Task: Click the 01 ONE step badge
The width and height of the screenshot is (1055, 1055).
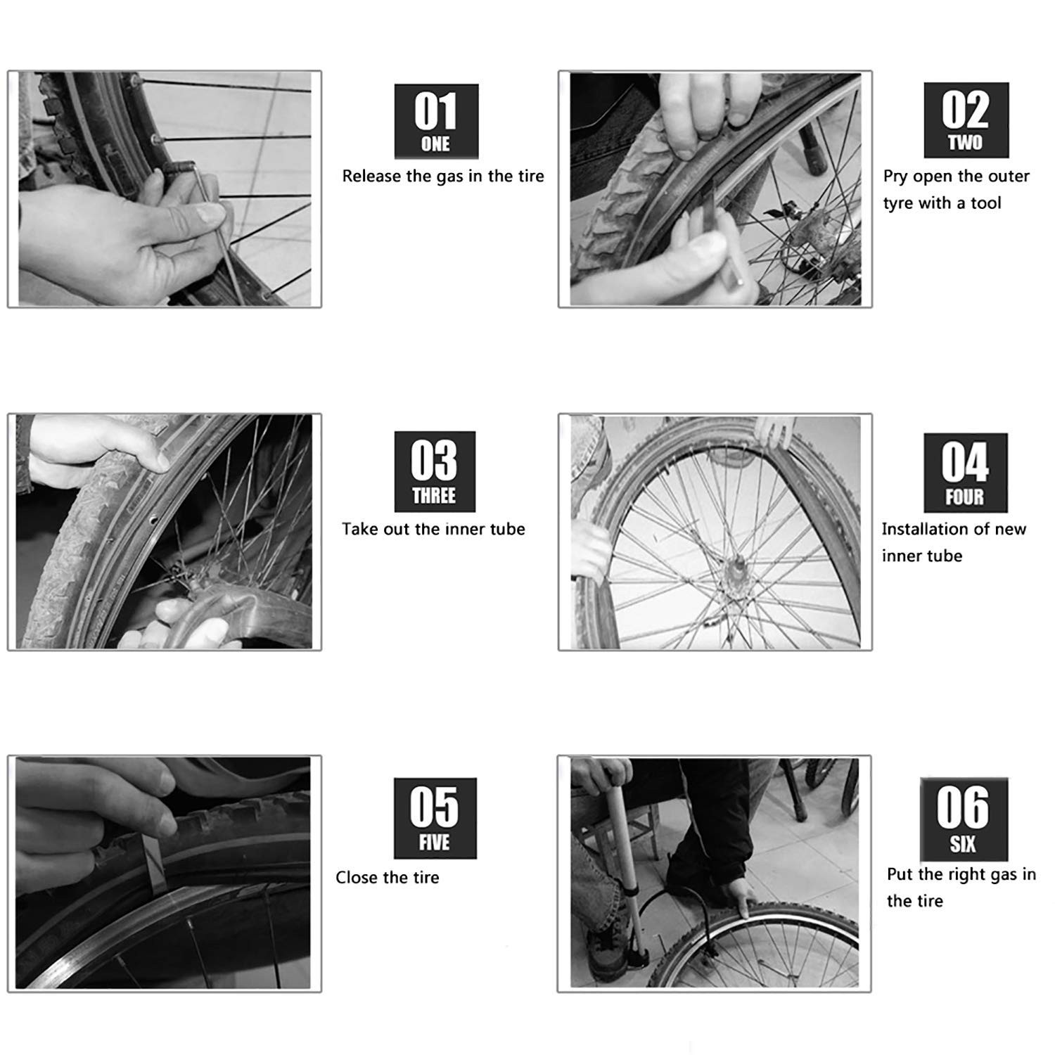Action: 436,121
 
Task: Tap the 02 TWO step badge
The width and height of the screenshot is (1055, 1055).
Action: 966,120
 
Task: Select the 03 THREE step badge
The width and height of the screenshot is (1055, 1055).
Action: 435,471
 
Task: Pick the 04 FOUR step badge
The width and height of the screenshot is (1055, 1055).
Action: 965,472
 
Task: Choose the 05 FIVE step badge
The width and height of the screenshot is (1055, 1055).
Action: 435,818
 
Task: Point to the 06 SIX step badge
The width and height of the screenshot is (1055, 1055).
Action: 964,819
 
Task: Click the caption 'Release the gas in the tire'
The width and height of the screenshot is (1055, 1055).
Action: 443,176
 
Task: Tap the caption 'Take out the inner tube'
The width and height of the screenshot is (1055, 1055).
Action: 433,529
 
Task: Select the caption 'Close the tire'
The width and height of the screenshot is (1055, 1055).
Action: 387,877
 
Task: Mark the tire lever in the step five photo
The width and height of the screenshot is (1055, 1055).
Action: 156,865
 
